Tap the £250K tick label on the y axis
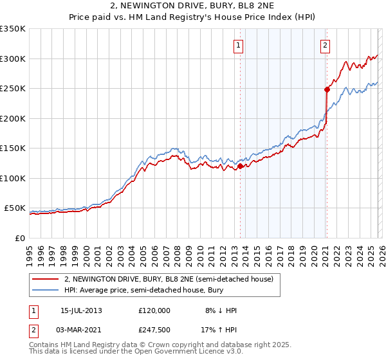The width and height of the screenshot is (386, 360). click(x=13, y=88)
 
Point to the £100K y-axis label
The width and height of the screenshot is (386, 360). click(x=13, y=178)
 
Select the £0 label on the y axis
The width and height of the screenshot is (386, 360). click(x=21, y=238)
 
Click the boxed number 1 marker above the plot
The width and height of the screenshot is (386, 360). click(x=239, y=45)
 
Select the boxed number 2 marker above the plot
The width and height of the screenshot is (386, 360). click(x=326, y=45)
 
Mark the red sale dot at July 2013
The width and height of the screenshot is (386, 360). click(x=240, y=166)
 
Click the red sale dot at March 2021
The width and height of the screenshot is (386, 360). click(x=327, y=90)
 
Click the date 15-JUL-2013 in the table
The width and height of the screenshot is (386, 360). click(x=81, y=310)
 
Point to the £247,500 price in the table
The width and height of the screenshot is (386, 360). click(x=154, y=330)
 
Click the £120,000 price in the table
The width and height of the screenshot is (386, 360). click(x=154, y=310)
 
